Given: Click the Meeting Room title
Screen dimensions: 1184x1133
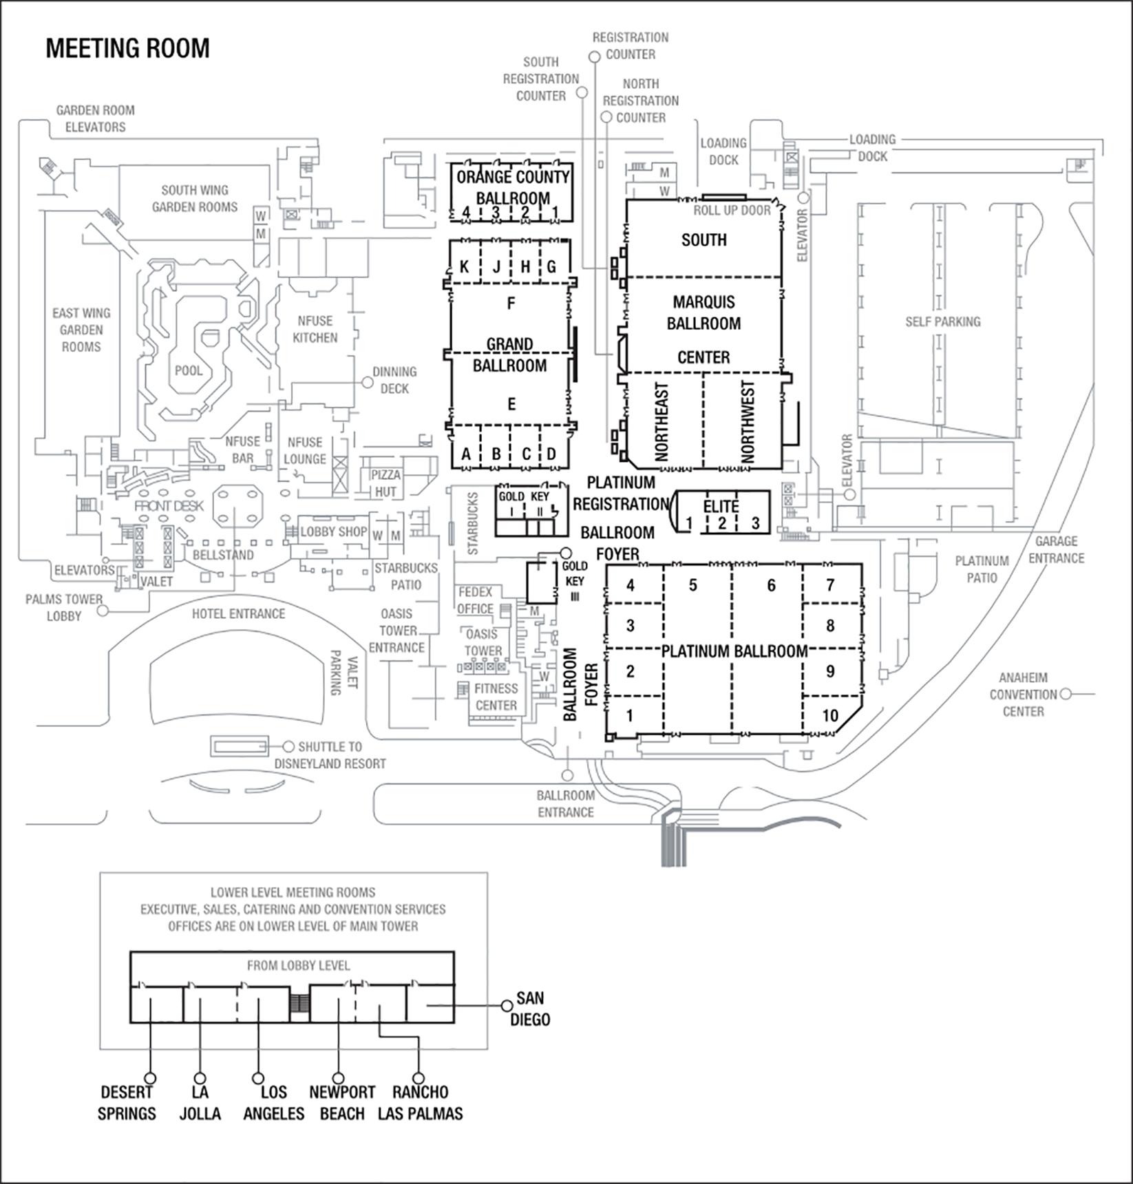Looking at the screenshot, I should pos(127,49).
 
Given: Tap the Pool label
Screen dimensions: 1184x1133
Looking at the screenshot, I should pos(189,371).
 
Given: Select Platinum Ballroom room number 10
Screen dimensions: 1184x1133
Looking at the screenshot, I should pos(830,715).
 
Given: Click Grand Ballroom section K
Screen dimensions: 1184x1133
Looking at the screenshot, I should pos(465,267).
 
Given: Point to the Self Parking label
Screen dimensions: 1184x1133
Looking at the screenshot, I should pos(942,321).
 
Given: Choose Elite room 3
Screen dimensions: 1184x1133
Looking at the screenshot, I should pos(755,522).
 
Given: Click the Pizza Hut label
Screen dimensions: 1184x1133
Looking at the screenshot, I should pos(385,483).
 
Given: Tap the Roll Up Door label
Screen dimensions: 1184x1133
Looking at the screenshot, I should pos(732,211).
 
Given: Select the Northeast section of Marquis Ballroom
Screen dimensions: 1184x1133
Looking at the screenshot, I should pos(662,421).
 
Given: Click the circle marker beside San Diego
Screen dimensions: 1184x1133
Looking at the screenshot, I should pos(507,1006).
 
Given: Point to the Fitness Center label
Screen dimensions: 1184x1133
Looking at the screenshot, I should pos(496,697).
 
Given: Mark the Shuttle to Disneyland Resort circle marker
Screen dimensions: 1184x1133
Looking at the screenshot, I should pos(288,746).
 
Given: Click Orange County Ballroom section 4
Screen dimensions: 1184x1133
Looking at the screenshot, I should pos(466,212).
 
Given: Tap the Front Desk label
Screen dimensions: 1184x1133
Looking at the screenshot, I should pos(169,506).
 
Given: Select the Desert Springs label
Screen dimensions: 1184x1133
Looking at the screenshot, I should pos(127,1102).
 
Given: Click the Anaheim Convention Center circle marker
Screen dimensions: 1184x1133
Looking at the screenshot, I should pos(1066,694).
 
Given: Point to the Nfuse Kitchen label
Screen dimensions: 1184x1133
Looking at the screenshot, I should pos(315,329).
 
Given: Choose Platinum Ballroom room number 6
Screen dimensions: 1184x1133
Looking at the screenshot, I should pos(771,585).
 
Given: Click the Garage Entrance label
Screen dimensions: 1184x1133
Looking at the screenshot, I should pos(1056,549).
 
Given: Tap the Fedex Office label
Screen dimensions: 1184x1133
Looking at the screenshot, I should pos(475,600).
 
